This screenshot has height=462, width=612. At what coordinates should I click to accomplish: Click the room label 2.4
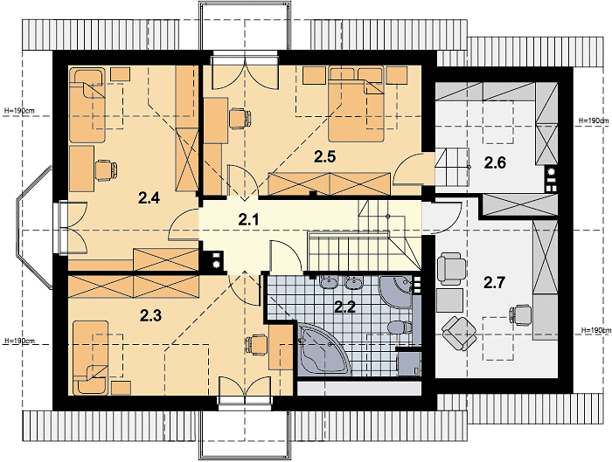pos(149,198)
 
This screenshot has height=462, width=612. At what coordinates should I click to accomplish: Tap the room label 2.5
pos(325,156)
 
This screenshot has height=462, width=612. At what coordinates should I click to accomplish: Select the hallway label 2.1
pos(248,220)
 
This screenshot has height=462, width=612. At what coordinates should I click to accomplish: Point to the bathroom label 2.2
pos(345,307)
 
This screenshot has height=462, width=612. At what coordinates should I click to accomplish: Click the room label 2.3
pos(150,316)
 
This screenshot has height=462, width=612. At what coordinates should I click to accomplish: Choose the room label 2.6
pos(495,162)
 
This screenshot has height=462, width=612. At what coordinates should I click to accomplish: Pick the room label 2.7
pos(495,282)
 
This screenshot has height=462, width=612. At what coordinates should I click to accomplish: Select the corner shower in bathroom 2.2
pos(396,293)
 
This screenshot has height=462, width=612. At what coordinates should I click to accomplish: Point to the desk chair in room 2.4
pos(106,170)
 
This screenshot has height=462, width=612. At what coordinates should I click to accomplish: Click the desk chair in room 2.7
pos(521,314)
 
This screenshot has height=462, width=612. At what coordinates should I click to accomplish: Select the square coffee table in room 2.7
pos(450,300)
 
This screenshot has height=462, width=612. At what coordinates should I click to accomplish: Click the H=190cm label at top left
pos(19,111)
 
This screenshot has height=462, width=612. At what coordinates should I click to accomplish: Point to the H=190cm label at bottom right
pos(596,330)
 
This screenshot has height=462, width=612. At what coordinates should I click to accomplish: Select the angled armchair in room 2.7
pos(459,334)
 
